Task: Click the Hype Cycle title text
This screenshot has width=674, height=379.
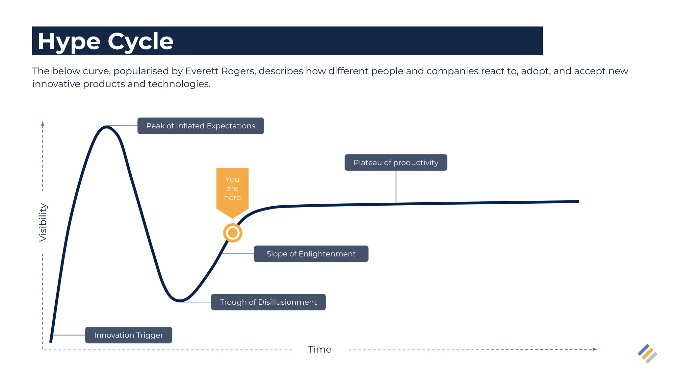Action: tap(105, 41)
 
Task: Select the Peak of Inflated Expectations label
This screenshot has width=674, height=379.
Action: tap(200, 126)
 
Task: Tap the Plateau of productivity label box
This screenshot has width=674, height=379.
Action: tap(396, 163)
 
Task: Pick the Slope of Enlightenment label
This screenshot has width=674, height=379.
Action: tap(311, 254)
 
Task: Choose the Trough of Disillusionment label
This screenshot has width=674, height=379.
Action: tap(268, 302)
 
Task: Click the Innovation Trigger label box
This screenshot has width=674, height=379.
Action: tap(128, 335)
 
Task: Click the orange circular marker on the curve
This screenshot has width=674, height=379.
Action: tap(233, 233)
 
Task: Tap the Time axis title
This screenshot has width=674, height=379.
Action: tap(319, 349)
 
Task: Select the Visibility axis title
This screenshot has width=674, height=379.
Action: tap(43, 222)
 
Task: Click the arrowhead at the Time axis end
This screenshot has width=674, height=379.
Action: tap(595, 349)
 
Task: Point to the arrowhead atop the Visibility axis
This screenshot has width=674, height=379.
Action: tap(42, 124)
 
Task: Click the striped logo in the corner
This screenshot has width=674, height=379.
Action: tap(647, 354)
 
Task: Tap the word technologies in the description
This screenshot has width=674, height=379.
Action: tap(179, 84)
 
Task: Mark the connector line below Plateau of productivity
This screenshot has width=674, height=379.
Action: tap(396, 187)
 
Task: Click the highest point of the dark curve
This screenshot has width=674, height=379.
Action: tap(106, 127)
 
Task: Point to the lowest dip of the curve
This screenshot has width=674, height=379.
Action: tap(180, 300)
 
